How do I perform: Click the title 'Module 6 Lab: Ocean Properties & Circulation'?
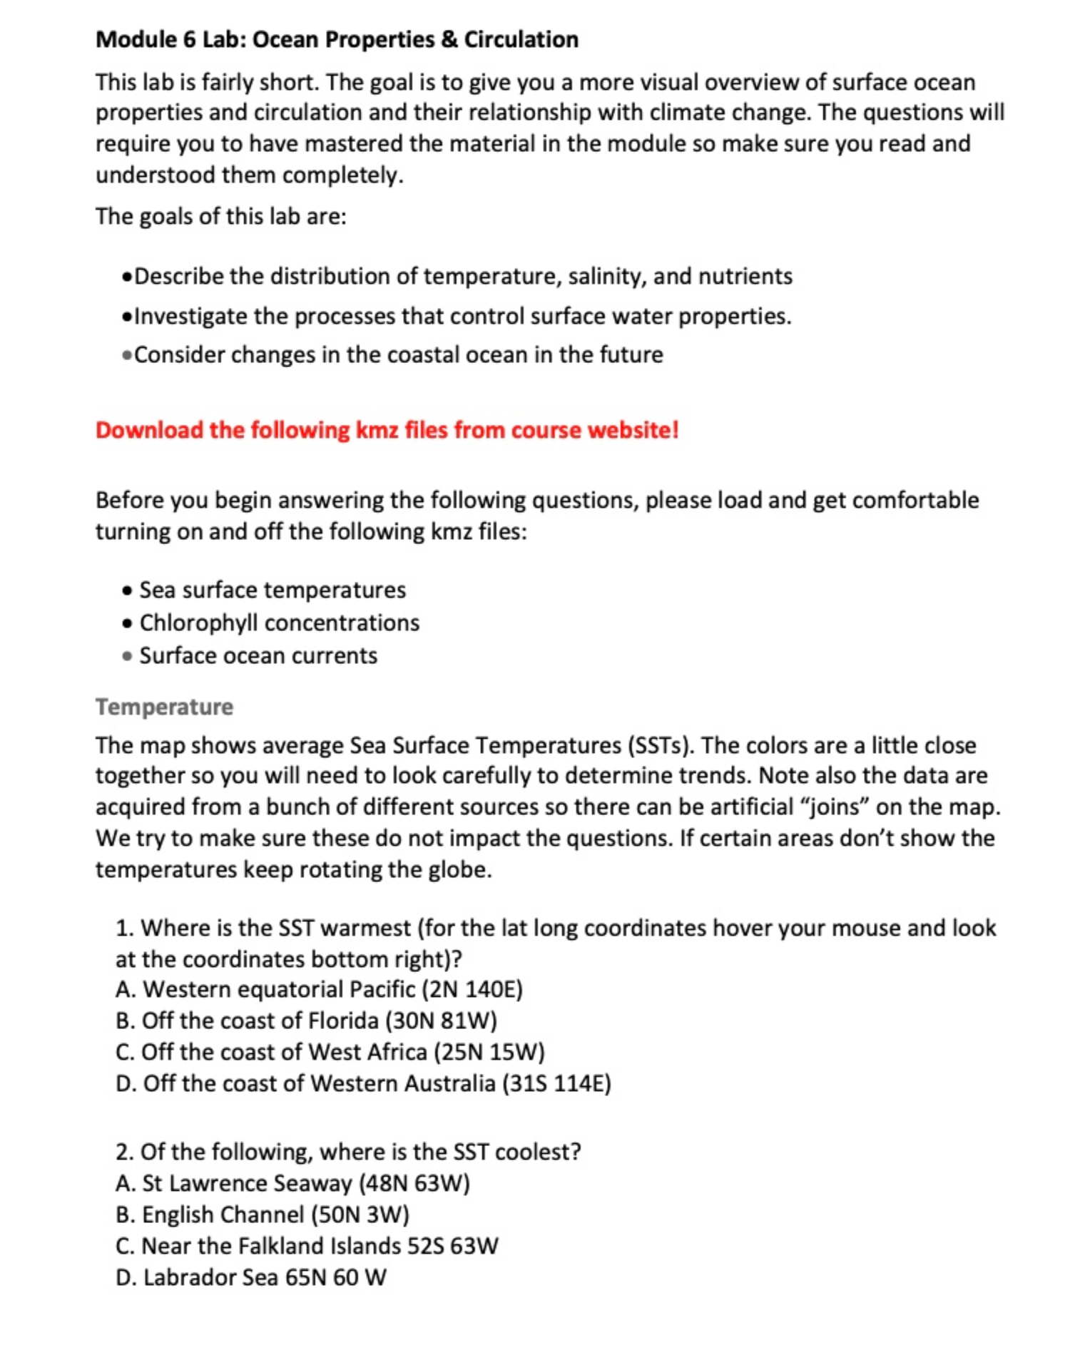(337, 39)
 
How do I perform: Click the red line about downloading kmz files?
(387, 430)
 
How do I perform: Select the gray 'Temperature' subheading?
(164, 707)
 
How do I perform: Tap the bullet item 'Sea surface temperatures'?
(272, 590)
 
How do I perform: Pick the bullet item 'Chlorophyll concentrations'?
(279, 623)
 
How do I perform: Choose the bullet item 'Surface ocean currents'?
(258, 655)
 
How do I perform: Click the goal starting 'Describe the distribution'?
(462, 276)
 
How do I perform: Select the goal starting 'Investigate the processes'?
(462, 316)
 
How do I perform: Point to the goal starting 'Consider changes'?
(398, 354)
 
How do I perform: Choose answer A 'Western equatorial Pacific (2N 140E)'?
(319, 989)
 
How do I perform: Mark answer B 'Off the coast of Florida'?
(306, 1021)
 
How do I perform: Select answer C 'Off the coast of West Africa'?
(330, 1052)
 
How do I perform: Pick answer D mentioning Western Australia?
(363, 1083)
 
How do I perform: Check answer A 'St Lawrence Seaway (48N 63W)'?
(292, 1183)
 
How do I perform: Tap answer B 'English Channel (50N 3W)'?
(262, 1214)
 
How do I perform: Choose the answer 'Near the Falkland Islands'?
(307, 1246)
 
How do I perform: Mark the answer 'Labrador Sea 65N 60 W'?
(250, 1277)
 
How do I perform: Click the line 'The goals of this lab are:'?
(221, 216)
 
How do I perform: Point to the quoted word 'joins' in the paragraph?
(834, 807)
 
